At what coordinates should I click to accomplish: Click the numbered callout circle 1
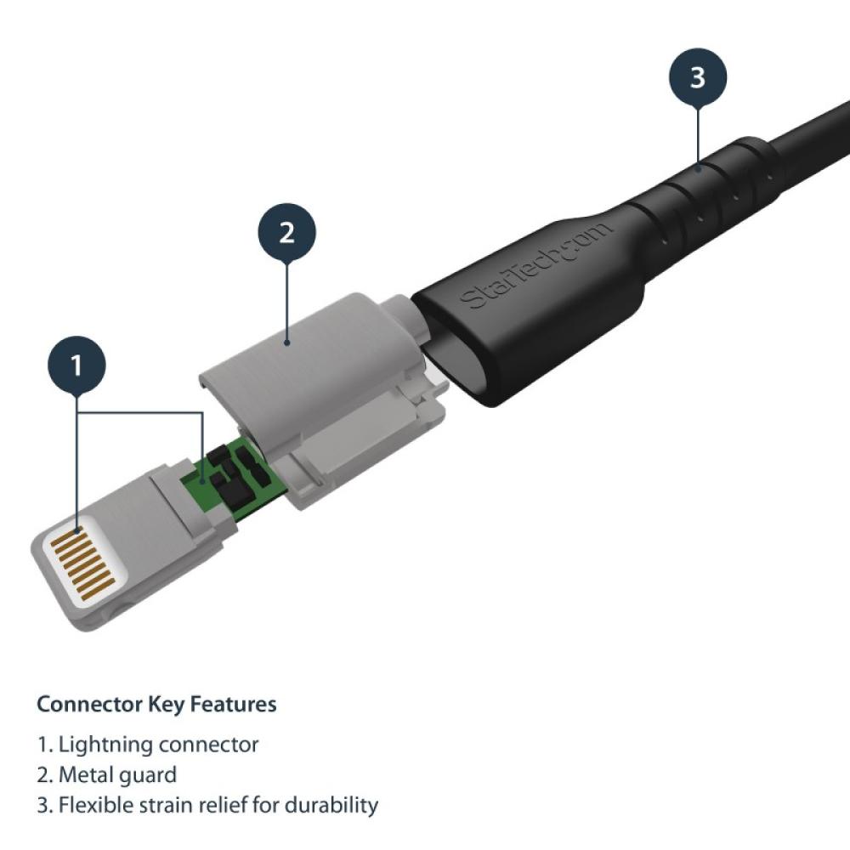[x=77, y=366]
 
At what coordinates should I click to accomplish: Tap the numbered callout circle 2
[x=286, y=232]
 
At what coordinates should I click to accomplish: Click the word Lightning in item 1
[x=106, y=745]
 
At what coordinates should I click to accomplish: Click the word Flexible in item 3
[x=94, y=805]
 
